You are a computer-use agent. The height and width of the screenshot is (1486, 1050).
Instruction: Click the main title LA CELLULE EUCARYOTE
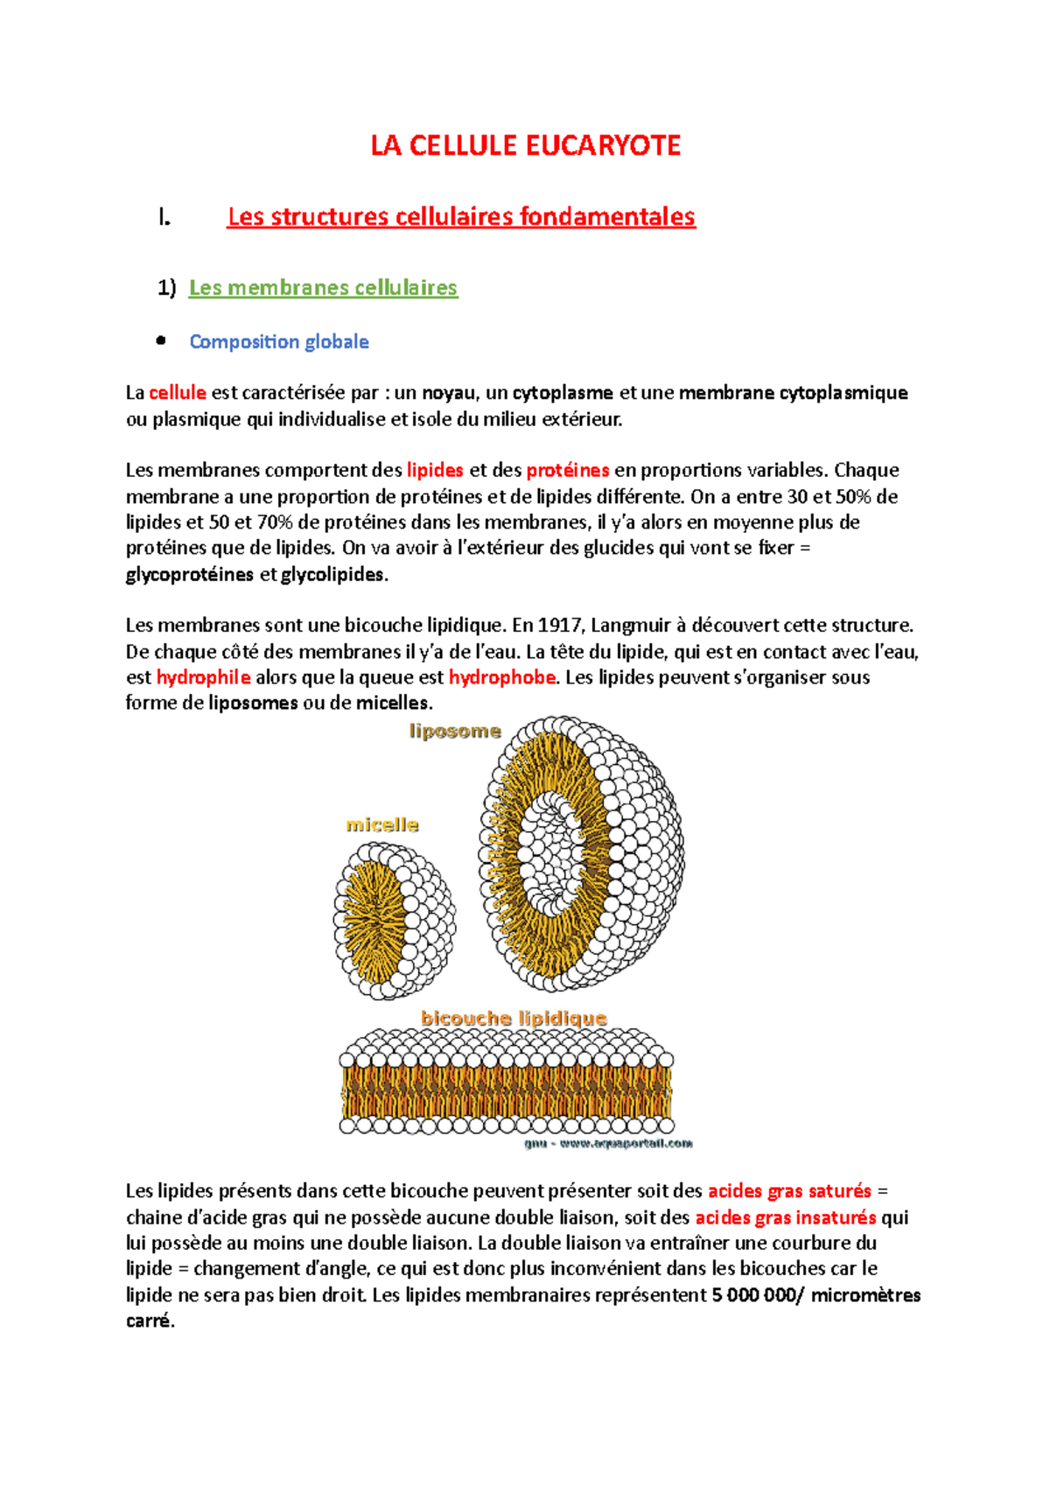[x=525, y=145]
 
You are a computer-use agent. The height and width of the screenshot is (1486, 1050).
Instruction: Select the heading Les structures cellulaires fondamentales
[x=460, y=216]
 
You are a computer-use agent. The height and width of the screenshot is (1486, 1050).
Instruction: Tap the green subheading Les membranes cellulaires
[x=323, y=287]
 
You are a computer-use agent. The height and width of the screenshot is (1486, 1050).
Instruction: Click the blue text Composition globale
[x=279, y=341]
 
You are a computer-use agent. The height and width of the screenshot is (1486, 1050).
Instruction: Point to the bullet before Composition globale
[x=161, y=341]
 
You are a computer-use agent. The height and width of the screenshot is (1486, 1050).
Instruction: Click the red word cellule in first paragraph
[x=178, y=393]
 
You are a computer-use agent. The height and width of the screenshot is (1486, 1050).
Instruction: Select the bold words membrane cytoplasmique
[x=793, y=393]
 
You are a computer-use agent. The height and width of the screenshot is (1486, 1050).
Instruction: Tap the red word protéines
[x=567, y=470]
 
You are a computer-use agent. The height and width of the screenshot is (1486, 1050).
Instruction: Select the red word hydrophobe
[x=502, y=677]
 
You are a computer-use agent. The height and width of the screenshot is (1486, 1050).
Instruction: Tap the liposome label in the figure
[x=455, y=731]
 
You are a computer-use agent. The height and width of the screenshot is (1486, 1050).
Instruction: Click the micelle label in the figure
[x=382, y=824]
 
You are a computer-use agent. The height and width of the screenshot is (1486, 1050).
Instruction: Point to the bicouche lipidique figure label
[x=514, y=1018]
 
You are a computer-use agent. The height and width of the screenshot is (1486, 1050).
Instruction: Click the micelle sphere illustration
[x=394, y=921]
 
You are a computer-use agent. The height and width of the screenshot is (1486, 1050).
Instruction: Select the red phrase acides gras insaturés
[x=786, y=1217]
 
